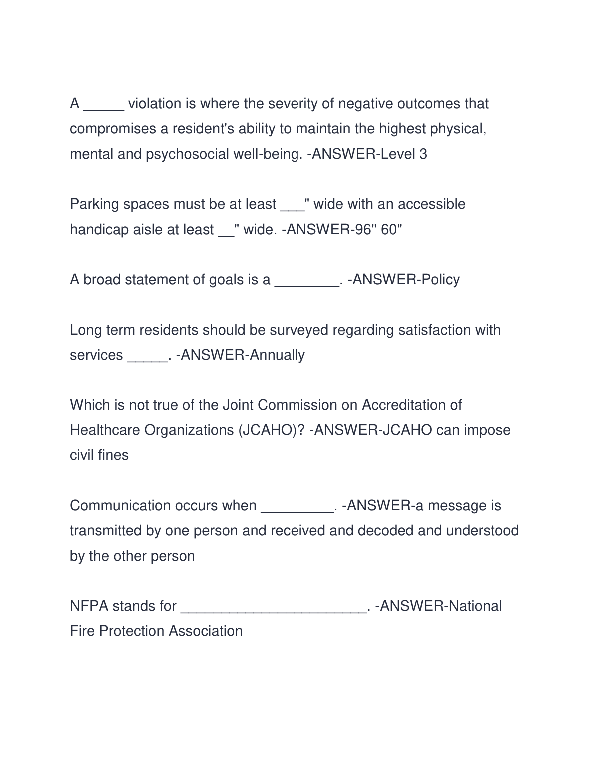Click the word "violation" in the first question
(x=155, y=104)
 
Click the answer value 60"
(x=391, y=230)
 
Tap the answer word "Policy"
(x=440, y=280)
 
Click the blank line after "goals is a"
(x=306, y=283)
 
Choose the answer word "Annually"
(x=277, y=355)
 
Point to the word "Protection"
(x=132, y=631)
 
